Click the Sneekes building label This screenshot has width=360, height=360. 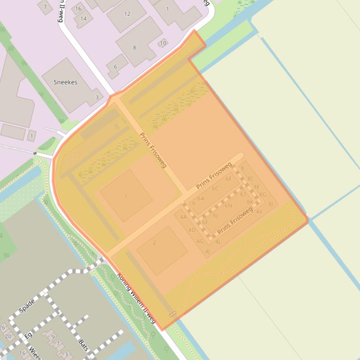pyautogui.click(x=65, y=82)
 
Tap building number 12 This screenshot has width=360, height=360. pyautogui.click(x=127, y=14)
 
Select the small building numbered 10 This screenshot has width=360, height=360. pyautogui.click(x=163, y=43)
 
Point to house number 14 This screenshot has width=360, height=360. pyautogui.click(x=83, y=19)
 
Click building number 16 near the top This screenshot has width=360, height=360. pyautogui.click(x=78, y=8)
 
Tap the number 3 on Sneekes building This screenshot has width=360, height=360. pyautogui.click(x=97, y=97)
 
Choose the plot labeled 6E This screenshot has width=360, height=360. pyautogui.click(x=228, y=179)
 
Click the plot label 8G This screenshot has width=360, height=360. pyautogui.click(x=263, y=195)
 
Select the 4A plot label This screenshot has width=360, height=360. pyautogui.click(x=184, y=217)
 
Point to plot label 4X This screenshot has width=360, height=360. pyautogui.click(x=259, y=211)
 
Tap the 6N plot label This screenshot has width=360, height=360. pyautogui.click(x=228, y=205)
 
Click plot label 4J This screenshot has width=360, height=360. pyautogui.click(x=207, y=252)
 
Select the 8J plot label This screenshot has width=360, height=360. pyautogui.click(x=271, y=204)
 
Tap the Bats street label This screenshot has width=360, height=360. pyautogui.click(x=83, y=345)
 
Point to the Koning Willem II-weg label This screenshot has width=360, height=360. pyautogui.click(x=136, y=298)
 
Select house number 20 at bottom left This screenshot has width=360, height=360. pyautogui.click(x=8, y=336)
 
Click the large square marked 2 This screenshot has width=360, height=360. pyautogui.click(x=154, y=242)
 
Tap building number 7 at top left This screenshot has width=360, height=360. pyautogui.click(x=45, y=7)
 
